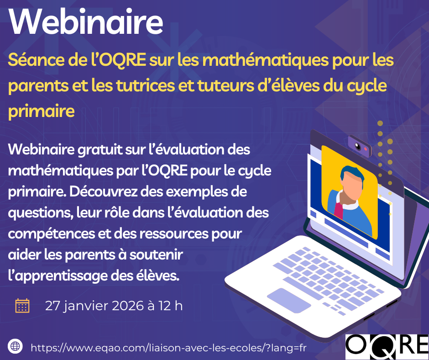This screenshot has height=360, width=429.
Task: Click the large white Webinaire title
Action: [x=86, y=21]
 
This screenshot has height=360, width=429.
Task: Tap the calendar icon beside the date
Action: [x=22, y=306]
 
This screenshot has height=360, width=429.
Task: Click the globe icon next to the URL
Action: [x=16, y=346]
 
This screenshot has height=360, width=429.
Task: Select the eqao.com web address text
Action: [x=168, y=348]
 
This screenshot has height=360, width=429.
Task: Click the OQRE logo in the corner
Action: [x=387, y=347]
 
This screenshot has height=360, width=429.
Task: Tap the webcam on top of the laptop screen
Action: [x=360, y=146]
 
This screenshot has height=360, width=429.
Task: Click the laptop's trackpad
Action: [x=289, y=300]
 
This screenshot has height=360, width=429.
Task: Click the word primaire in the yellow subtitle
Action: [x=42, y=111]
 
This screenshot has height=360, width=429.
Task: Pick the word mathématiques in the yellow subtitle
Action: [x=265, y=60]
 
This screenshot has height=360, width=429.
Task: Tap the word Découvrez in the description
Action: [x=104, y=191]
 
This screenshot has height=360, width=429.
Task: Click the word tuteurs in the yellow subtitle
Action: [x=225, y=85]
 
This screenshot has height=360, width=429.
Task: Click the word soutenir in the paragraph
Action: [x=156, y=255]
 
